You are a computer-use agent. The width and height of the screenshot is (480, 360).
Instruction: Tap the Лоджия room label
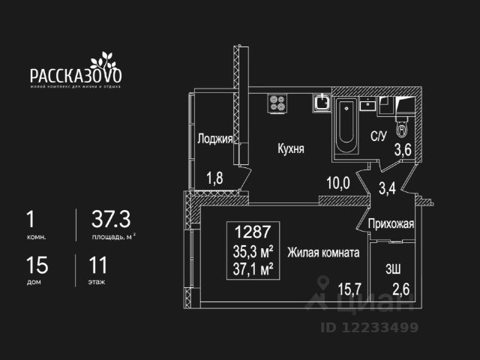pos(214,139)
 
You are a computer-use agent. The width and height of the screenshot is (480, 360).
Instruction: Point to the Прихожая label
pos(391,223)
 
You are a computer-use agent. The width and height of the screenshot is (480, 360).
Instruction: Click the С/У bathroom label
pos(379,136)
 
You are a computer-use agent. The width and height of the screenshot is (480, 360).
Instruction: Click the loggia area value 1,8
pos(215,178)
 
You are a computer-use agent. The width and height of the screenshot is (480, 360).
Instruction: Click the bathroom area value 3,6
pos(403,148)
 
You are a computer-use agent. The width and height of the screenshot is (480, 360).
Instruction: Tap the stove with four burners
pos(277,103)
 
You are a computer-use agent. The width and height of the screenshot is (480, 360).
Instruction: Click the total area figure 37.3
pos(111,219)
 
